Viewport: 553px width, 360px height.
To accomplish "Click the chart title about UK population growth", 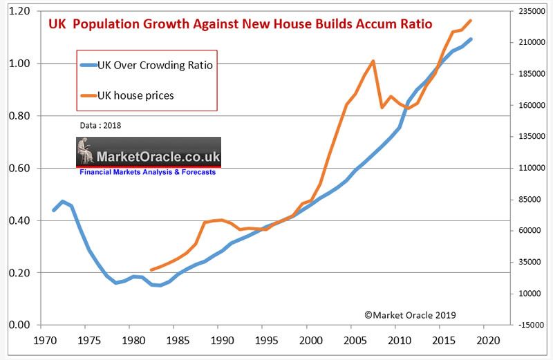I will click(x=240, y=24).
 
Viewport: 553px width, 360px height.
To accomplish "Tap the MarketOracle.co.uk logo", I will click(x=148, y=152).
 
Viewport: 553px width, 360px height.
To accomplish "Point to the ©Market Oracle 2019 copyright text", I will click(x=411, y=314).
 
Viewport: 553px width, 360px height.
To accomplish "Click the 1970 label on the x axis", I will click(x=45, y=341).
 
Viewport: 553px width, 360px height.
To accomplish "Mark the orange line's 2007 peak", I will click(x=373, y=61).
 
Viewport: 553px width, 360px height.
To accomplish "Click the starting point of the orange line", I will click(x=151, y=270).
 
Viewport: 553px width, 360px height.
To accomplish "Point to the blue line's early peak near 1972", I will click(x=62, y=202).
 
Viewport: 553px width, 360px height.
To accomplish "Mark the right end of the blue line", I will click(x=471, y=39).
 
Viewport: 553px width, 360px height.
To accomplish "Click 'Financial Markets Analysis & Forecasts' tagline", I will click(x=148, y=172).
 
